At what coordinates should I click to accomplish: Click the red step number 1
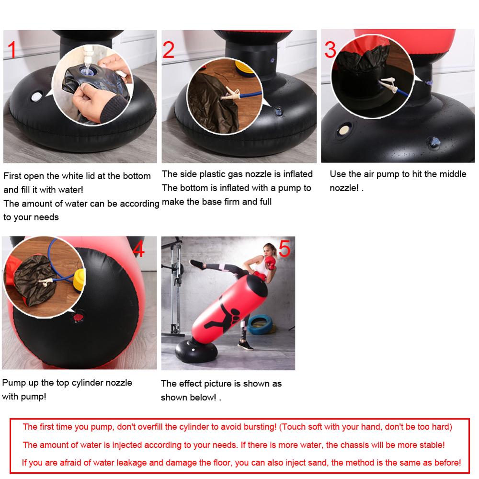point(12,50)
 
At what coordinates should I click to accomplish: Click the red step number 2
point(169,50)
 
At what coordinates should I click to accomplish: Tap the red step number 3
point(331,49)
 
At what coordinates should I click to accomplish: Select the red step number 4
point(138,249)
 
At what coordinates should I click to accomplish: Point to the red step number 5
point(284,249)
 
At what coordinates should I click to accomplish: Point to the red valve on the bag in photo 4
point(78,317)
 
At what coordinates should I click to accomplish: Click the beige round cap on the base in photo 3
point(344,130)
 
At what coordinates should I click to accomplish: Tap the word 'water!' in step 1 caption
point(70,190)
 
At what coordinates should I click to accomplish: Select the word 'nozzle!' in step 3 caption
point(344,188)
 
